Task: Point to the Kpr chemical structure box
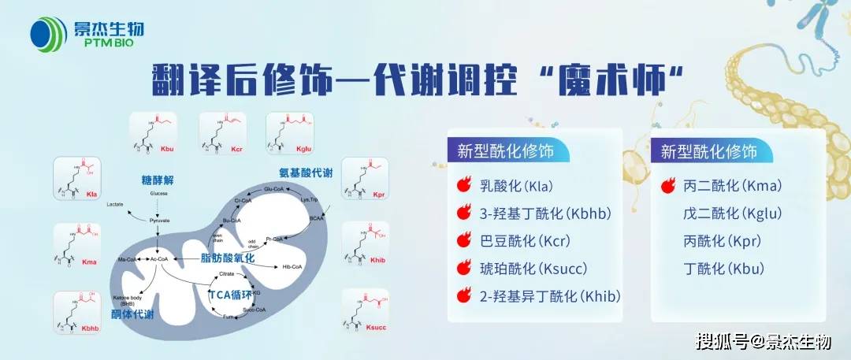click(365, 178)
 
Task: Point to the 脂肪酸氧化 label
click(229, 258)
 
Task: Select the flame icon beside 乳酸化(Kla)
click(464, 187)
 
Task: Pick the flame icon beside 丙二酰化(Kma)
click(667, 187)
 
